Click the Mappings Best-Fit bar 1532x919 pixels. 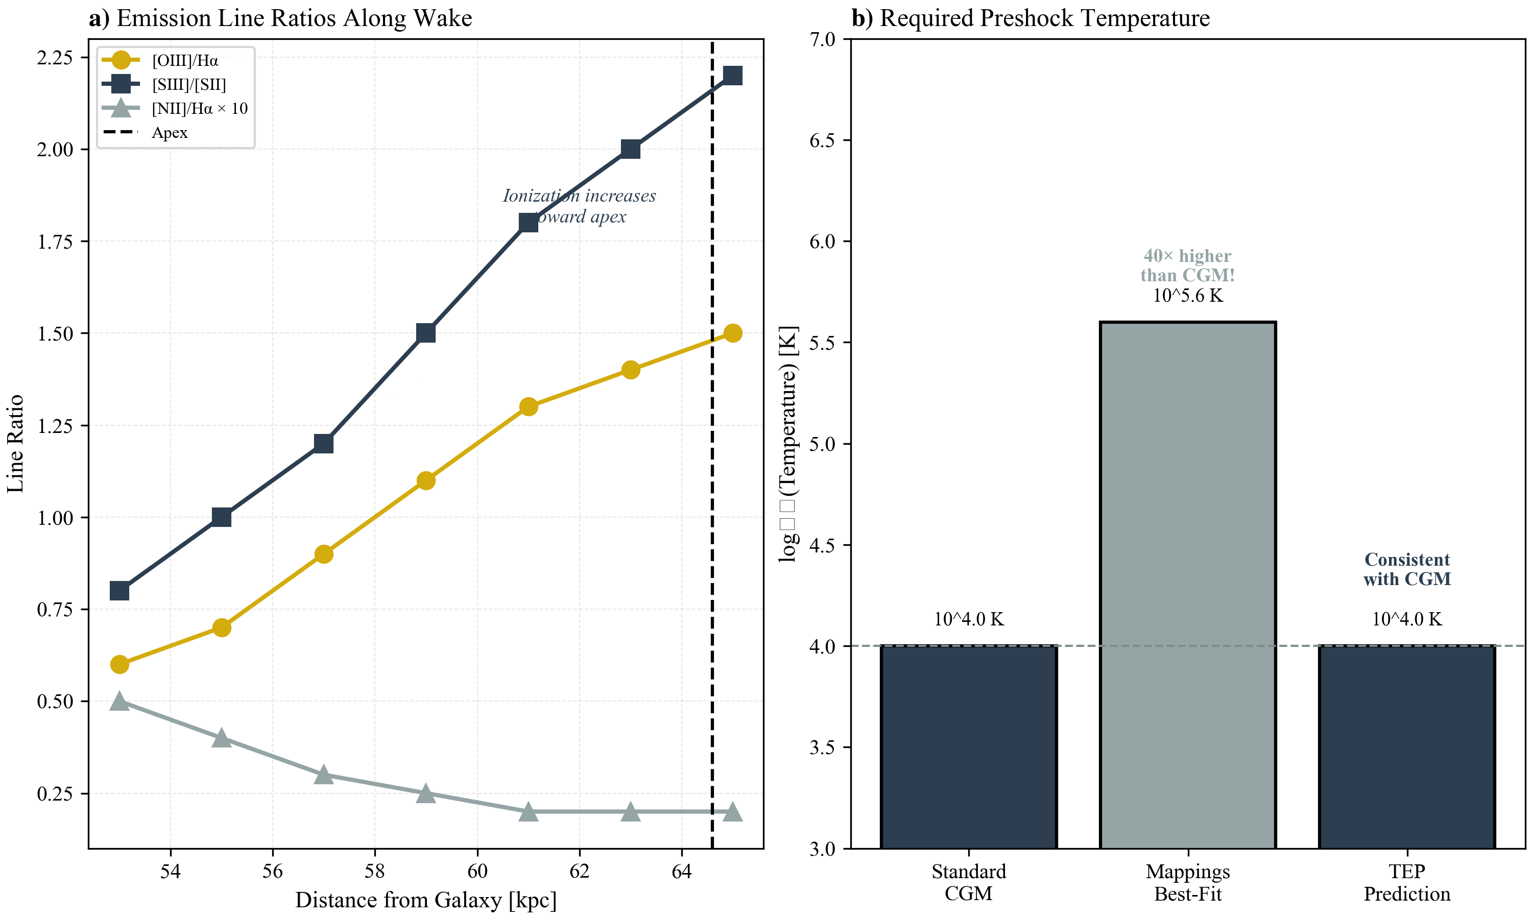tap(1187, 585)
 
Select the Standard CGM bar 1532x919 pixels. tap(969, 746)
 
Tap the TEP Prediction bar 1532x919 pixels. tap(1406, 746)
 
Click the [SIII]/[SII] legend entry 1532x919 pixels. tap(189, 84)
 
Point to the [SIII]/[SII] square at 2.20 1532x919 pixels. tap(733, 76)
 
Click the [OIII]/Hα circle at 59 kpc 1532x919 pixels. tap(425, 480)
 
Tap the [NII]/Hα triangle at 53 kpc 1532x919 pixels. tap(119, 701)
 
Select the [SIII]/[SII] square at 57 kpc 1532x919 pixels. tap(323, 443)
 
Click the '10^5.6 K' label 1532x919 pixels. tap(1187, 296)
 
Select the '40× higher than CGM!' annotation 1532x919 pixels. tap(1187, 265)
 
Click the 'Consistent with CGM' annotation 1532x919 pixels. tap(1406, 569)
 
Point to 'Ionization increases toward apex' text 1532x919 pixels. tap(579, 206)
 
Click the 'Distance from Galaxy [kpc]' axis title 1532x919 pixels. tap(425, 900)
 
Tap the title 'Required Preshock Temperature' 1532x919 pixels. tap(1044, 18)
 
